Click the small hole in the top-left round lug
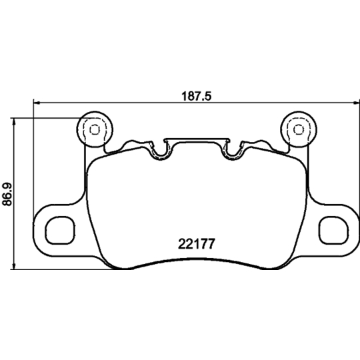(x=94, y=129)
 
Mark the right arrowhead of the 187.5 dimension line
(x=353, y=103)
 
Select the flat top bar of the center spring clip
(x=197, y=139)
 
